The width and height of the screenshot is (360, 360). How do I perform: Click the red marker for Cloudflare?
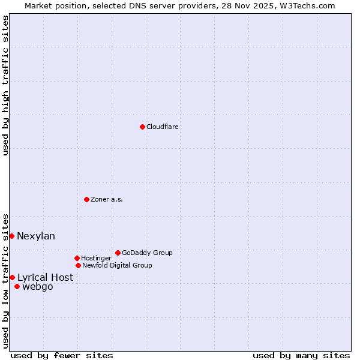(x=142, y=127)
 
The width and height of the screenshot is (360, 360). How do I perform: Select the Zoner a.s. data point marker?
(x=86, y=199)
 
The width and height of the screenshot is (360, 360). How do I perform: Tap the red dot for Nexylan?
(x=11, y=236)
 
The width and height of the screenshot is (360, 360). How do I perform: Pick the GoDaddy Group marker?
(x=118, y=253)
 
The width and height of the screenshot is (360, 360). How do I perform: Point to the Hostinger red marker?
(x=77, y=258)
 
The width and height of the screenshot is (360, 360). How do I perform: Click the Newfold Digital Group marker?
(x=78, y=265)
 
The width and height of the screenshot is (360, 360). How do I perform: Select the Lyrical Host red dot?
(x=12, y=277)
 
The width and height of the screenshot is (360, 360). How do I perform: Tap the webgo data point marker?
(x=17, y=286)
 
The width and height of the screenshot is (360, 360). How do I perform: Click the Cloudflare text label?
(x=162, y=127)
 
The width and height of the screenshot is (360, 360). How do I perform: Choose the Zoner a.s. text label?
(x=107, y=199)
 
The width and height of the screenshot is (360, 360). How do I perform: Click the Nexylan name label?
(x=36, y=236)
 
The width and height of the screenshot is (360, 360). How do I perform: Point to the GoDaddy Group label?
(x=147, y=253)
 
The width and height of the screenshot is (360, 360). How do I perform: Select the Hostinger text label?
(x=96, y=258)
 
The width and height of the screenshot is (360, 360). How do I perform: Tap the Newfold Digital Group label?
(x=117, y=265)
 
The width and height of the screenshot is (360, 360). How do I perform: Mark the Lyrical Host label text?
(x=45, y=277)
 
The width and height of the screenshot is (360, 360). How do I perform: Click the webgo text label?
(x=37, y=286)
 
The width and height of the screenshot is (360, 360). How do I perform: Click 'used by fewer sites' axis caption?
(x=62, y=355)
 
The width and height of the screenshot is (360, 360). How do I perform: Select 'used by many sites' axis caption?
(x=301, y=355)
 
